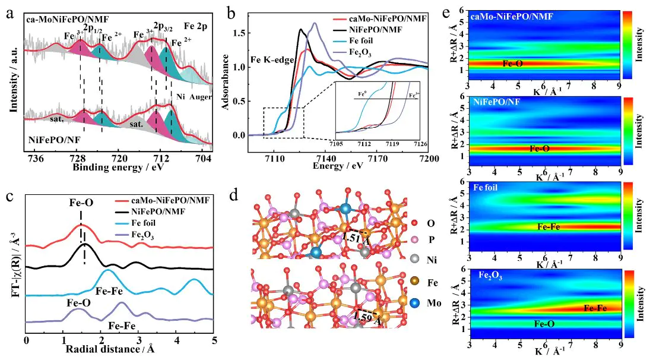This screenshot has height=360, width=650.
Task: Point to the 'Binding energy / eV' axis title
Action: pyautogui.click(x=118, y=168)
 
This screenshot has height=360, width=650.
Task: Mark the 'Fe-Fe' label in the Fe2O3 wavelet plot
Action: pyautogui.click(x=595, y=308)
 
